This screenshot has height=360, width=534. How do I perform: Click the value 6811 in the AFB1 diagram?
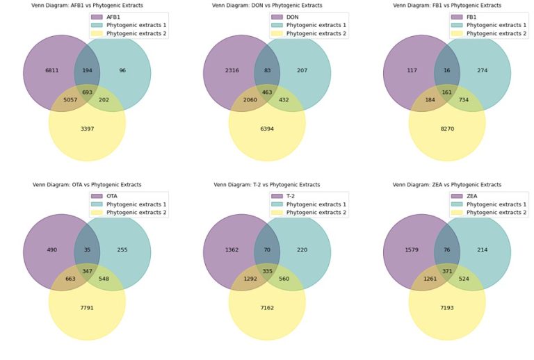51,71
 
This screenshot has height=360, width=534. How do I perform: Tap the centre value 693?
87,92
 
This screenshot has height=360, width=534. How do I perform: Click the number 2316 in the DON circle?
232,71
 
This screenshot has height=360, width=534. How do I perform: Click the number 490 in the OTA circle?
51,250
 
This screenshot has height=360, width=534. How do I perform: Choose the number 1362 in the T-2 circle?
232,250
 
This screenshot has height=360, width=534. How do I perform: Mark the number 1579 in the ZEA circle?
412,250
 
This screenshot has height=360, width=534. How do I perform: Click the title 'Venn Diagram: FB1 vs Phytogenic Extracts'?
446,6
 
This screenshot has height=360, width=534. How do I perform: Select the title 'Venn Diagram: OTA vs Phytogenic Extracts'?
87,185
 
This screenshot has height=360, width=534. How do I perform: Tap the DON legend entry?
293,16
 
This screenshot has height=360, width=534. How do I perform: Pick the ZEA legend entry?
473,195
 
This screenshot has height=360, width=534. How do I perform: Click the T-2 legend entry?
293,195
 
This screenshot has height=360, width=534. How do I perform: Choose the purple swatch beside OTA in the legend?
97,195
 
